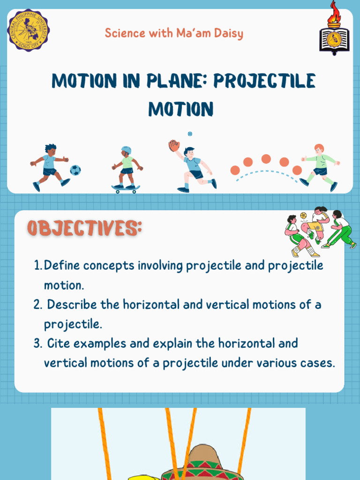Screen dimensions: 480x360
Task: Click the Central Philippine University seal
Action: coord(28,30)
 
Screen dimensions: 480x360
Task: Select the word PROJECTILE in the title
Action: coord(264,81)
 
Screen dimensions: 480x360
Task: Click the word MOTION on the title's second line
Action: coord(181,109)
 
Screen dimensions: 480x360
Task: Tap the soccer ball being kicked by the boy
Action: coord(75,170)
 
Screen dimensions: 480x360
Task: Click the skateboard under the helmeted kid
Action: coord(126,188)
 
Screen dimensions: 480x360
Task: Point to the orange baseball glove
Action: coord(174,145)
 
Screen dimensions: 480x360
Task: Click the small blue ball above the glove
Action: coord(190,134)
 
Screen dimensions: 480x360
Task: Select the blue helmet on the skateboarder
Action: coord(126,150)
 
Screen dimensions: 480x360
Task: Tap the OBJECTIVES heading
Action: coord(84,229)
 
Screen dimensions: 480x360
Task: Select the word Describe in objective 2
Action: coord(72,305)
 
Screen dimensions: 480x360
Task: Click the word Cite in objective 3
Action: coord(58,344)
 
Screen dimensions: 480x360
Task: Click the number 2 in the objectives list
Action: coord(38,305)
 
